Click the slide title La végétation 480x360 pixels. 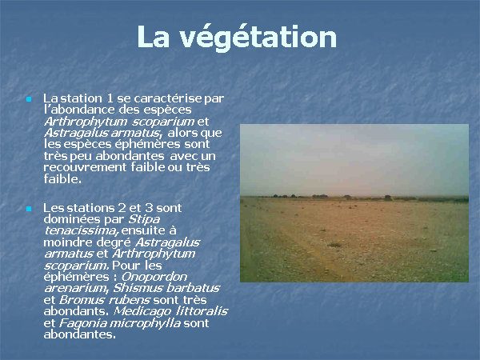pos(237,37)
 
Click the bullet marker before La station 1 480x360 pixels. pos(29,99)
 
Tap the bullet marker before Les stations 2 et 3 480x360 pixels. pos(29,209)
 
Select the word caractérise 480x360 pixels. pos(168,98)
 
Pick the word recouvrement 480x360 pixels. pos(85,167)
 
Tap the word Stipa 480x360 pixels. pos(144,220)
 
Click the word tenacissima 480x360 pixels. pos(81,230)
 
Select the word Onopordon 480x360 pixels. pos(154,277)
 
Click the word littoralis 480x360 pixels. pos(202,311)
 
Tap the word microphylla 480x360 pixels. pos(145,323)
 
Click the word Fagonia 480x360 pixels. pos(82,323)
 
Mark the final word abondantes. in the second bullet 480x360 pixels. pos(80,334)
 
